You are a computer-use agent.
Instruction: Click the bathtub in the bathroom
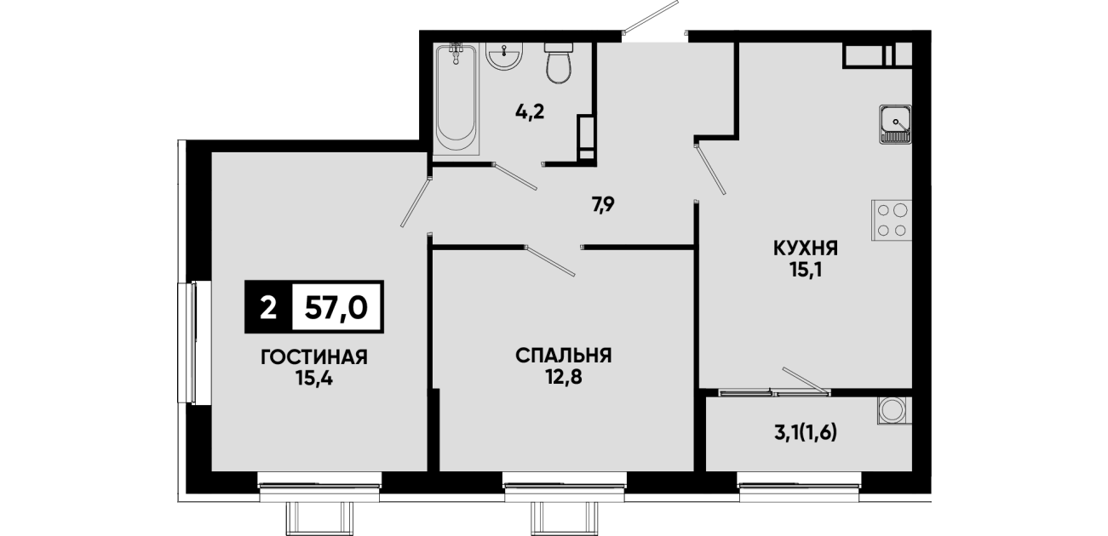[456, 99]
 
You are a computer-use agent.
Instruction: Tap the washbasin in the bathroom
[504, 56]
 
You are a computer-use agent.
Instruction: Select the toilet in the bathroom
[559, 63]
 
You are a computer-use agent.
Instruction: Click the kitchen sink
[895, 124]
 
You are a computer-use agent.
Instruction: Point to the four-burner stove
[892, 220]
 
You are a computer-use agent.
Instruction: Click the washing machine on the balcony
[895, 410]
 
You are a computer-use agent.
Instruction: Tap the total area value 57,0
[336, 308]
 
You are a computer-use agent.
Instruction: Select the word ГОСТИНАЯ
[314, 357]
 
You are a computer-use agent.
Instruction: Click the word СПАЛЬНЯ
[564, 356]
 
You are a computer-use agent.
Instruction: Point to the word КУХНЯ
[806, 248]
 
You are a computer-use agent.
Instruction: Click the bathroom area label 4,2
[530, 112]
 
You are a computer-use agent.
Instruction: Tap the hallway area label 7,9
[603, 203]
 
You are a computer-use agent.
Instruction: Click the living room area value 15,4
[314, 379]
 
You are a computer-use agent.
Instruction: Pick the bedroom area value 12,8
[564, 378]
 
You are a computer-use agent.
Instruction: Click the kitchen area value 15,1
[806, 271]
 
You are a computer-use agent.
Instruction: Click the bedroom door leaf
[550, 260]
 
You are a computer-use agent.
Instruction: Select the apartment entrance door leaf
[651, 17]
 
